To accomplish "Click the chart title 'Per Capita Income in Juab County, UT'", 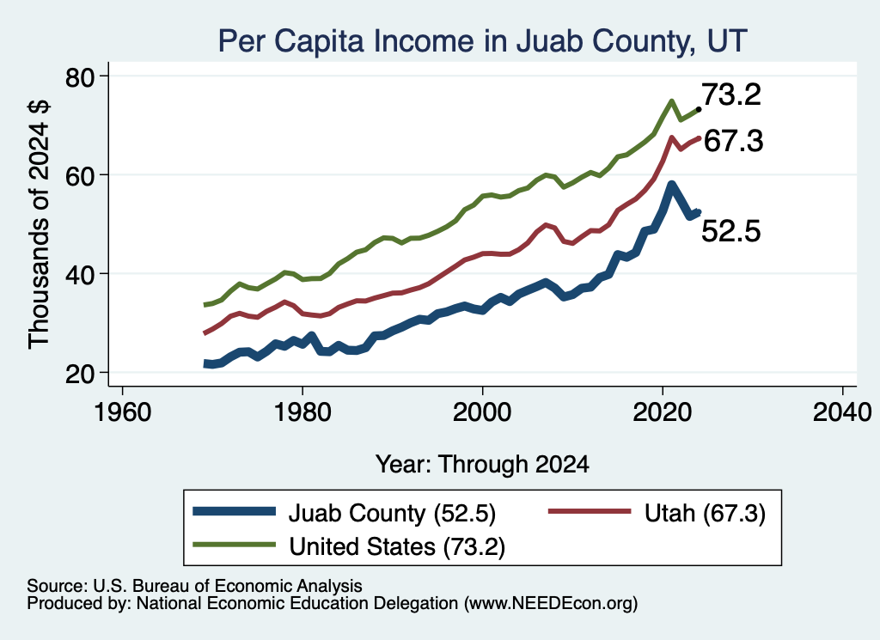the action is click(483, 41).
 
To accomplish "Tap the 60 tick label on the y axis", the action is click(81, 175).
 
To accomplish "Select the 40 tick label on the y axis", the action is click(81, 274).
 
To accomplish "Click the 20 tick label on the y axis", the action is click(81, 374).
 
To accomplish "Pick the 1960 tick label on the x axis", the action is click(122, 412).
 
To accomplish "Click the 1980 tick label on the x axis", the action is click(302, 412).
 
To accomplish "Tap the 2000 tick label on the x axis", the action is click(482, 412).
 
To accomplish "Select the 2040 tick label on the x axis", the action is click(842, 412).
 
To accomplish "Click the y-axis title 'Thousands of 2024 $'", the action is click(40, 224).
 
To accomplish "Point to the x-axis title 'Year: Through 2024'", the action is click(482, 465).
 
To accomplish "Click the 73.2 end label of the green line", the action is click(731, 94).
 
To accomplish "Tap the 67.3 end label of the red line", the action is click(733, 140).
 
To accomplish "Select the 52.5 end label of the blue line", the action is click(731, 230).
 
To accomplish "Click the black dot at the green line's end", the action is click(698, 109).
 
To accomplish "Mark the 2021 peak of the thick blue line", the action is click(671, 185).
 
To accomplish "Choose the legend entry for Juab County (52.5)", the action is click(344, 513).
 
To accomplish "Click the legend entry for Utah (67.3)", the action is click(657, 513).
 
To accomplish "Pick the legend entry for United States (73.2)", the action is click(349, 546).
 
